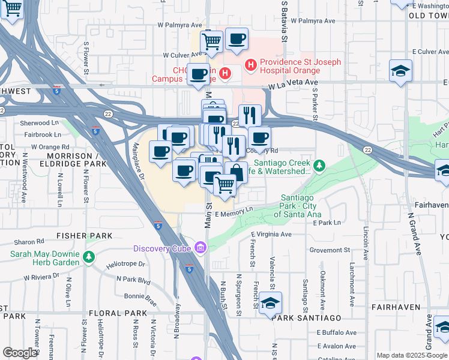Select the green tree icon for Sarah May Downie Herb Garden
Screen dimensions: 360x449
[x=89, y=257]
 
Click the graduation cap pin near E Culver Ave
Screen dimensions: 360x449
[x=400, y=71]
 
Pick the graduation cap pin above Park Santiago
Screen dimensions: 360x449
[x=271, y=302]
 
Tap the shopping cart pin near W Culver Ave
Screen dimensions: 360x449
[x=211, y=42]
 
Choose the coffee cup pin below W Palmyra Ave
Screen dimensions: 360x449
[x=237, y=39]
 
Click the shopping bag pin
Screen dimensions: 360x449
[x=237, y=172]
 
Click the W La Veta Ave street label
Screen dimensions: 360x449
[x=293, y=86]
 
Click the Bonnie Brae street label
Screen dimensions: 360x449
[x=140, y=296]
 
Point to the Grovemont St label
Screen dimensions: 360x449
[x=330, y=250]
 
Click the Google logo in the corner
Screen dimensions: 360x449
[x=20, y=352]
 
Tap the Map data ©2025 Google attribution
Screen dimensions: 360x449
[x=411, y=355]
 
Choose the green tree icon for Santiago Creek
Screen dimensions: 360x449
[x=319, y=164]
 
